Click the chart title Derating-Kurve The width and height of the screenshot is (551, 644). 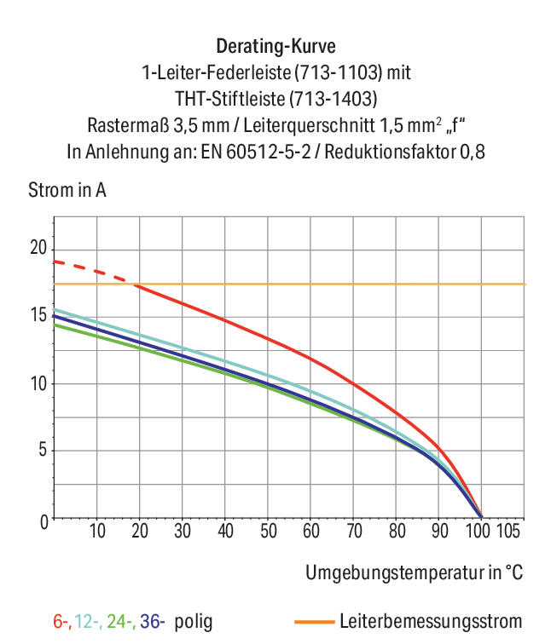click(275, 46)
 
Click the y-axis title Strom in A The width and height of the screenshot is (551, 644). click(67, 190)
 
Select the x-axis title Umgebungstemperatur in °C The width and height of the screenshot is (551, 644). click(414, 572)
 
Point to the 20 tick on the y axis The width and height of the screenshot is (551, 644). click(38, 248)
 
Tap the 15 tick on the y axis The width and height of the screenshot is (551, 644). click(39, 315)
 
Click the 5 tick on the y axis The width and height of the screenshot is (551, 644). click(43, 450)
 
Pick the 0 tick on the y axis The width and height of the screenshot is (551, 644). click(44, 522)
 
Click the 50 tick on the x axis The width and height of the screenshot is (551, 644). click(268, 531)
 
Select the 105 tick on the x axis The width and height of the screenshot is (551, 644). click(508, 531)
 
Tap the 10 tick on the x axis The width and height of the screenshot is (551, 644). click(97, 531)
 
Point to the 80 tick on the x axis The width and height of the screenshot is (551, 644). click(397, 531)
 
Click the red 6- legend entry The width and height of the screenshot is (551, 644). click(62, 621)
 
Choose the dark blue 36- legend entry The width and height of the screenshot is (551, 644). click(152, 621)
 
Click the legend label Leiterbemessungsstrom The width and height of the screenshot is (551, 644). click(431, 621)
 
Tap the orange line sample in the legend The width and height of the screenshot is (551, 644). click(315, 622)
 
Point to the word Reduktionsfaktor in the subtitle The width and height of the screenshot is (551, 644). click(391, 152)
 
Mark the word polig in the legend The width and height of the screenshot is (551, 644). click(194, 622)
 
